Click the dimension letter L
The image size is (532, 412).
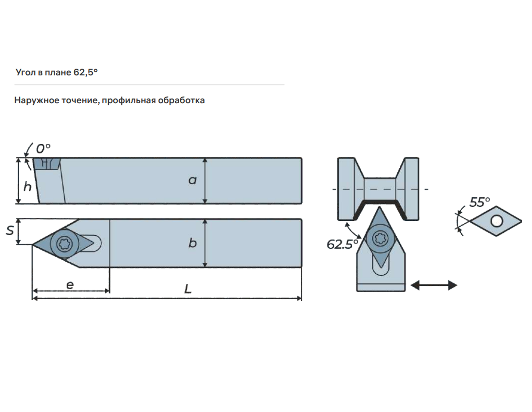188,290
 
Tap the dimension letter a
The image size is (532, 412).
193,180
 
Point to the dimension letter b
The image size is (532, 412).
193,243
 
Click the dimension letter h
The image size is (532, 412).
27,186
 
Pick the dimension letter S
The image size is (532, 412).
10,231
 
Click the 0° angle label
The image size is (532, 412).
43,149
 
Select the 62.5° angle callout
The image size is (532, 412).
342,244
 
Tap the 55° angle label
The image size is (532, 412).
480,202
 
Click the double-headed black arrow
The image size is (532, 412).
434,285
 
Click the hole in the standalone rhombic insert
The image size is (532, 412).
496,221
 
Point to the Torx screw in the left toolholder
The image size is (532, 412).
65,243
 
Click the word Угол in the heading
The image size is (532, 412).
25,72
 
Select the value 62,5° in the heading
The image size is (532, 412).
85,72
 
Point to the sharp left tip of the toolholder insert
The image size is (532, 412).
33,244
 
